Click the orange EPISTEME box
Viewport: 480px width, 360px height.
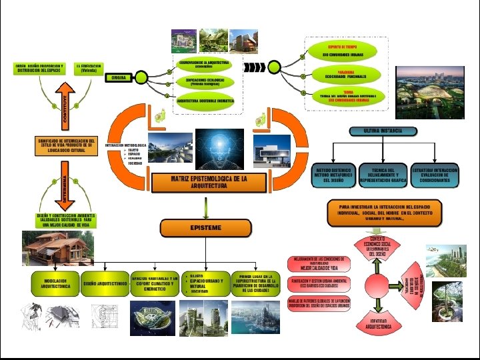[206, 228]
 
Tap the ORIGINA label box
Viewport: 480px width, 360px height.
[119, 77]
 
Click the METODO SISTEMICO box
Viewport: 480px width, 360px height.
[333, 175]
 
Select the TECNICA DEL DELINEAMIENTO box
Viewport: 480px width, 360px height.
[383, 175]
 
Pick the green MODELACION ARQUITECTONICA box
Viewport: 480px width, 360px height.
[55, 283]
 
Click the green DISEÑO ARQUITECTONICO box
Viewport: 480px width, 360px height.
[104, 283]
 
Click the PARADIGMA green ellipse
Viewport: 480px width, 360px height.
[345, 73]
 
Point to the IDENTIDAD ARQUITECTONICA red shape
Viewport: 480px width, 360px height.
[381, 327]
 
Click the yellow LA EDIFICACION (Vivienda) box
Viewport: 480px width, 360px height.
[88, 69]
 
